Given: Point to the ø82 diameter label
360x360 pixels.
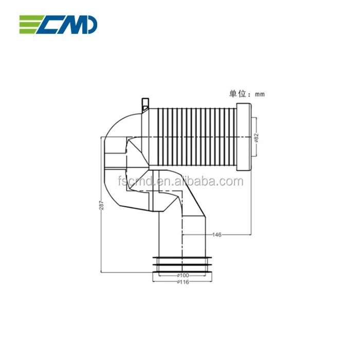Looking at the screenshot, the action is [256, 138].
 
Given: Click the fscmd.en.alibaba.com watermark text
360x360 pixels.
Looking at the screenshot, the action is [180, 182].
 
